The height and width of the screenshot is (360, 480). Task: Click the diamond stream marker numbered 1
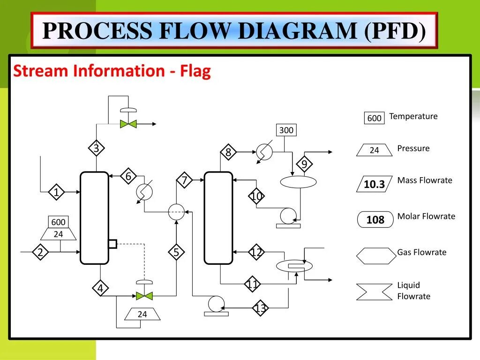click(56, 192)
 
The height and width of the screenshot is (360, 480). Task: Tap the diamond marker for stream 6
click(128, 176)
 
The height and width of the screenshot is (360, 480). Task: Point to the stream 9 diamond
click(304, 165)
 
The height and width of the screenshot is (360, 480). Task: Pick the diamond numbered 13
click(261, 308)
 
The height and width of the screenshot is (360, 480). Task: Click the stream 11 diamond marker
click(253, 284)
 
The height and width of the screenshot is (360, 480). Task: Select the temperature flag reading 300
click(286, 130)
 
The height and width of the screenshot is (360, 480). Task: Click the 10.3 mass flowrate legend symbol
click(374, 184)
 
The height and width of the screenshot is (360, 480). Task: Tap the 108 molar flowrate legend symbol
click(375, 220)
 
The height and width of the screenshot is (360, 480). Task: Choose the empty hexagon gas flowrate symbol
click(376, 256)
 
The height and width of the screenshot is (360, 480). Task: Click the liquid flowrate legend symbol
click(374, 292)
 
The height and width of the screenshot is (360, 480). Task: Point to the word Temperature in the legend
click(413, 116)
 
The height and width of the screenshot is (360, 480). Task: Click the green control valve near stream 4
click(144, 296)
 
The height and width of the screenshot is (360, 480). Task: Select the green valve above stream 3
click(128, 124)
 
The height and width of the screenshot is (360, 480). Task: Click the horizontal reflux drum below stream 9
click(298, 182)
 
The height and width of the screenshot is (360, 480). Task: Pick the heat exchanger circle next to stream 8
click(264, 152)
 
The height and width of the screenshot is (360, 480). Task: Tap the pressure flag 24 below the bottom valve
click(142, 315)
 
